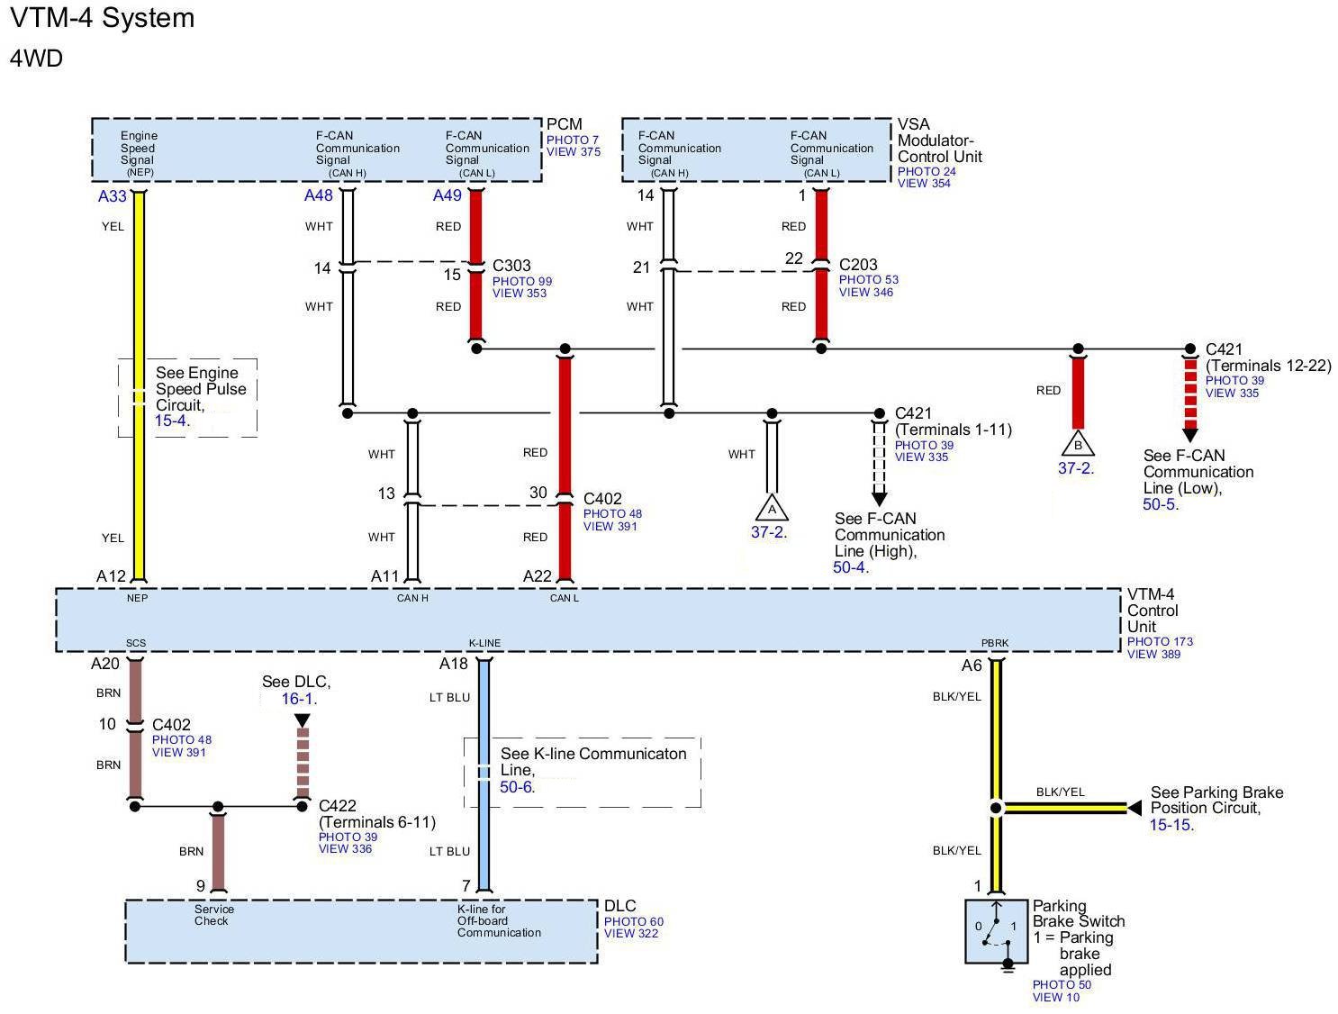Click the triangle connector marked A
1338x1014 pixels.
tap(772, 509)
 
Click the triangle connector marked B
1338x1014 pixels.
tap(1078, 445)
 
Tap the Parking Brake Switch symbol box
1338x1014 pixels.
tap(997, 931)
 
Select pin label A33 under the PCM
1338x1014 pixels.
tap(113, 196)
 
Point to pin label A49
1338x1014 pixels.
tap(447, 195)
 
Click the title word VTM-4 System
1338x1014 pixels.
tap(102, 18)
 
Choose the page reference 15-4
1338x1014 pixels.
tap(170, 421)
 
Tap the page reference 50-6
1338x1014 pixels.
tap(516, 787)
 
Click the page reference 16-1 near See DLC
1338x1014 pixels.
tap(297, 699)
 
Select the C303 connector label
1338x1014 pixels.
tap(511, 266)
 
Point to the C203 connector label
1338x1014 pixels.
tap(858, 265)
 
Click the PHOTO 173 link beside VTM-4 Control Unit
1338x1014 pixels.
tap(1160, 642)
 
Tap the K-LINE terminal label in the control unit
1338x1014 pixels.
tap(484, 643)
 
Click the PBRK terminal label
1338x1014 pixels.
tap(995, 643)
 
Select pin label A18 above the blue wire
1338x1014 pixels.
tap(454, 664)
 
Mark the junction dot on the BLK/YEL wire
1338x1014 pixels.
tap(996, 808)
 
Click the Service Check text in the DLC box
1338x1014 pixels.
tap(213, 915)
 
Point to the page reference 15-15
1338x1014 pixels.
tap(1171, 825)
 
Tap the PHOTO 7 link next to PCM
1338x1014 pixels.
tap(572, 140)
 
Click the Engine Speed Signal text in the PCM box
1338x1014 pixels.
tap(138, 148)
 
